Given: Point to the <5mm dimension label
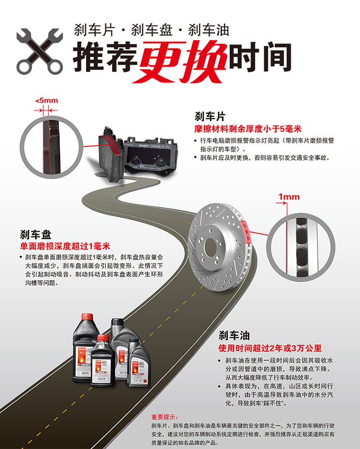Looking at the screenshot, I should [46, 100].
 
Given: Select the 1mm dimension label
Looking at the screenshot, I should [288, 197].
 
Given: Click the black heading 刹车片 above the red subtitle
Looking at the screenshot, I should [210, 117].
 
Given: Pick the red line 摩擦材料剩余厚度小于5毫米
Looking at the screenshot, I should [248, 129].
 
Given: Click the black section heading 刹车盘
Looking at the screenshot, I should [35, 235].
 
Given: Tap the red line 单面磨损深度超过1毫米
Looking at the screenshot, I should [65, 247].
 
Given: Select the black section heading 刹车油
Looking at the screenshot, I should [234, 335].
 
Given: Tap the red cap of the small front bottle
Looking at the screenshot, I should [103, 339].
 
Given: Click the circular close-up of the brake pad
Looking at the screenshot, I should [49, 144].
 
